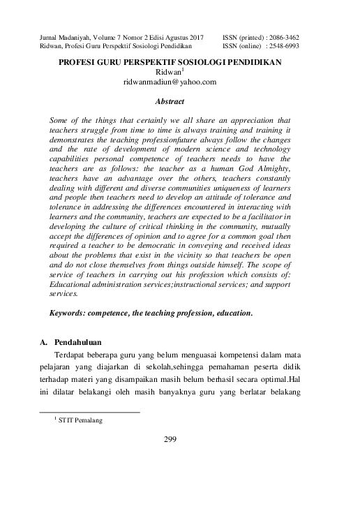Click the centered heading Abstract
click(170, 101)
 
